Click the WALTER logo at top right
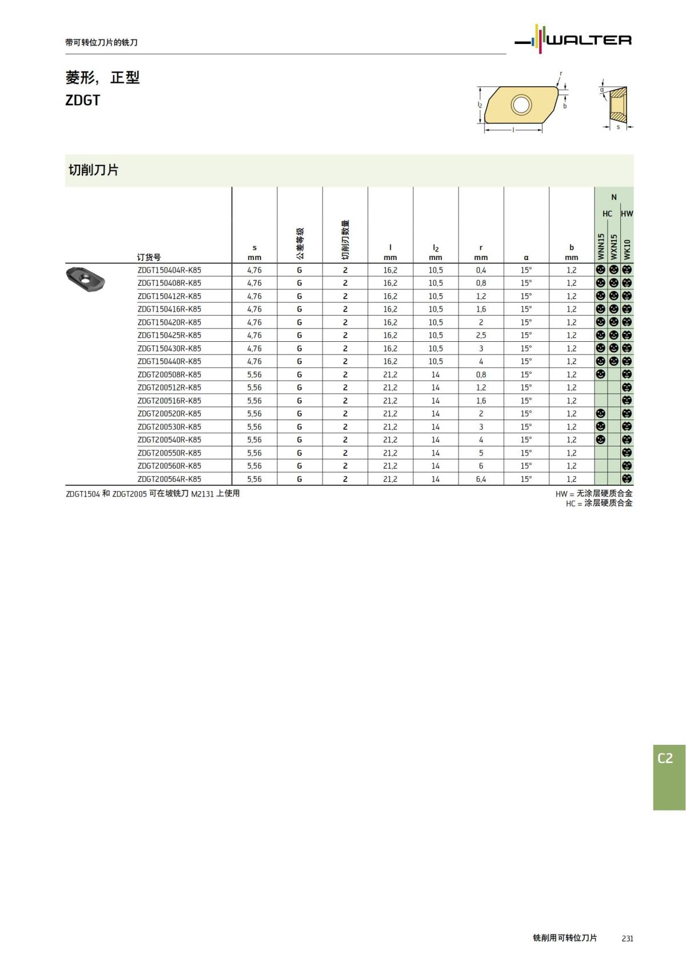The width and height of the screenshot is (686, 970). (x=574, y=39)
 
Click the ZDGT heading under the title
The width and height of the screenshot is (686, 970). (x=83, y=100)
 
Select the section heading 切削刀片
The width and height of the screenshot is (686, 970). (x=93, y=170)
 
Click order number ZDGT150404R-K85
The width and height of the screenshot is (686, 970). (x=169, y=270)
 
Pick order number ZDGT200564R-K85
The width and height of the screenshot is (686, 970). (x=169, y=479)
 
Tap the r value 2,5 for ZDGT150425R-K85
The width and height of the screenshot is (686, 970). (x=481, y=336)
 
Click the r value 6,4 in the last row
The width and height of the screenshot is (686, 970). (x=481, y=479)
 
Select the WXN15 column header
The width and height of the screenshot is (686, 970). (x=614, y=246)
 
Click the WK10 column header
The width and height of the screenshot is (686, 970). (x=627, y=249)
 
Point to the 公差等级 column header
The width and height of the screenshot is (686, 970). (x=300, y=244)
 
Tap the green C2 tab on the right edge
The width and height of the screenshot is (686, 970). (x=668, y=776)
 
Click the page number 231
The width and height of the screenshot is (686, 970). (x=627, y=939)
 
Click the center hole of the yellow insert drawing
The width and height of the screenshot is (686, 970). (x=520, y=105)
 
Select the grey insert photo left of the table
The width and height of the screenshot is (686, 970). (x=85, y=278)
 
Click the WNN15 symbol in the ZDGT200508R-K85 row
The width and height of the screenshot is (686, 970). (x=600, y=374)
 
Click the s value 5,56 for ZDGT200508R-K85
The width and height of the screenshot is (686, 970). (x=254, y=374)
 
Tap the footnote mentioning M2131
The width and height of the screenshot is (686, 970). (x=153, y=493)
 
